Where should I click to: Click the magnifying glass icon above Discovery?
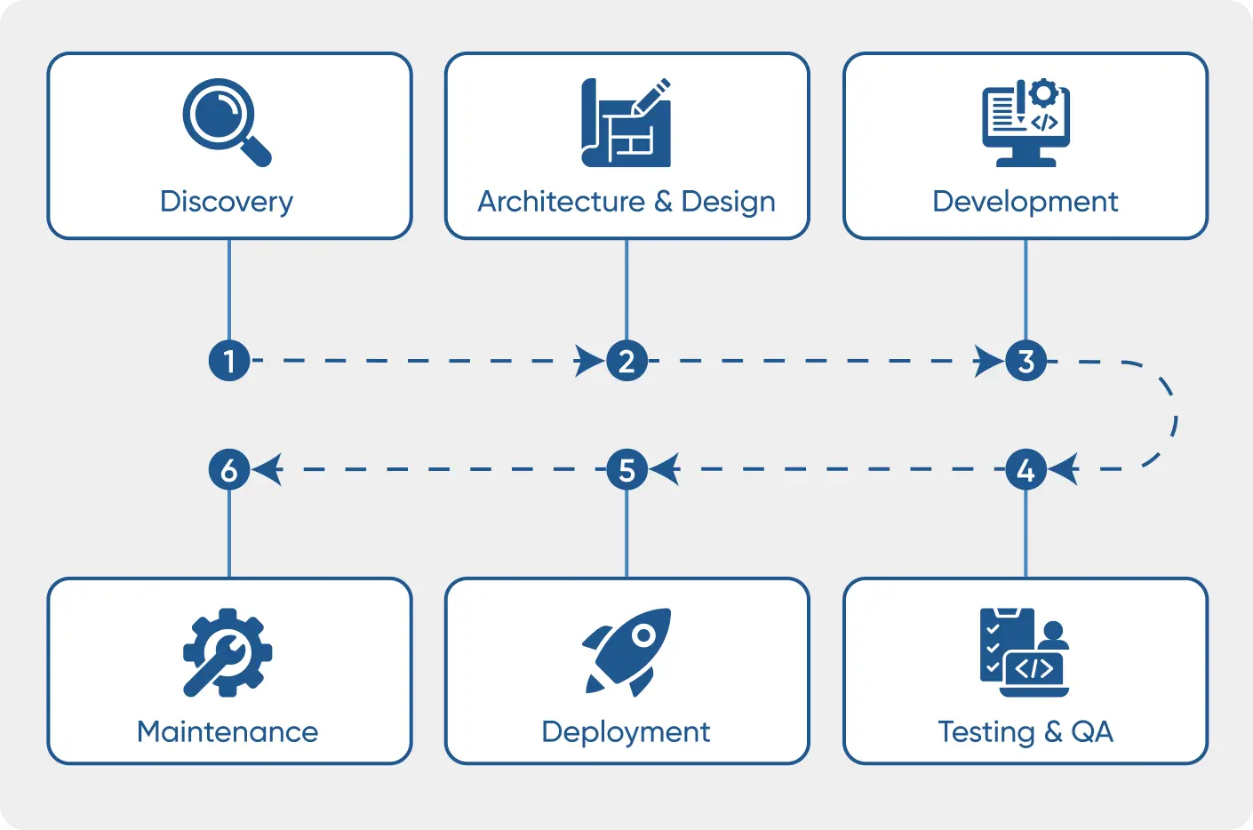226,123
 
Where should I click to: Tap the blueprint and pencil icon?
626,123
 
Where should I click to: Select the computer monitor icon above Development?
1026,123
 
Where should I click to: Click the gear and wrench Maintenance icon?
227,652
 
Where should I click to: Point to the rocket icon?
626,651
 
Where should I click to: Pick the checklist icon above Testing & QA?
1024,652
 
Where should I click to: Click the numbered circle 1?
229,361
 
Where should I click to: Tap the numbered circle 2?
626,361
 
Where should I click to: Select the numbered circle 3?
1026,361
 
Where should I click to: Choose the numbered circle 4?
1026,469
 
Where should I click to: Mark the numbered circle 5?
626,469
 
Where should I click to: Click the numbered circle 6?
229,469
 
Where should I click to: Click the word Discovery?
227,202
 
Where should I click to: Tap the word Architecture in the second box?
561,202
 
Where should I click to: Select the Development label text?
1025,202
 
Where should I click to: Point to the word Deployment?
626,731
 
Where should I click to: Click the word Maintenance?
227,731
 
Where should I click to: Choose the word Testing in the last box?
986,731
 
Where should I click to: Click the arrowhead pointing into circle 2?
590,361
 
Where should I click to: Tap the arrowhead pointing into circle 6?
267,469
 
